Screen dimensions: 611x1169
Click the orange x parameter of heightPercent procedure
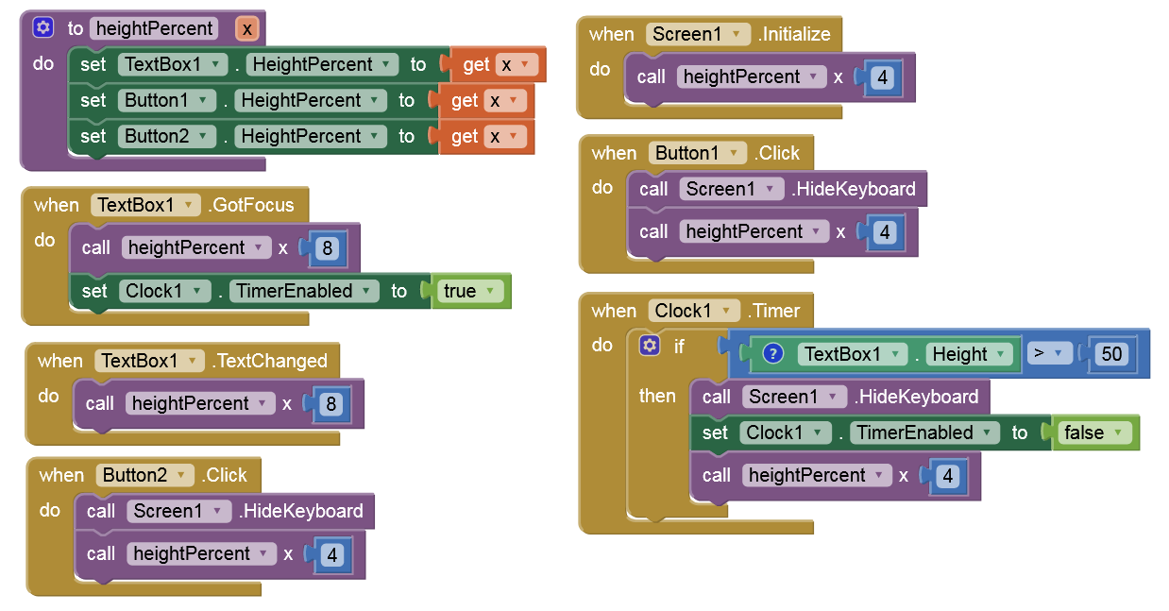(x=246, y=29)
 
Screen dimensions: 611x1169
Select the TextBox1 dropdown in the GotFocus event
(x=146, y=205)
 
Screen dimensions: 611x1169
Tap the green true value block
(x=468, y=291)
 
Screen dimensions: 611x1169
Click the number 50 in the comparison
(x=1112, y=354)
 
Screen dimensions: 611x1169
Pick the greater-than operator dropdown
(x=1046, y=354)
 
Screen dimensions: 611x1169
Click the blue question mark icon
(x=772, y=354)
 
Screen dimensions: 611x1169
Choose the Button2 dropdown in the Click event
(x=144, y=475)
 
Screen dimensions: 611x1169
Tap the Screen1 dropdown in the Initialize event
(x=699, y=34)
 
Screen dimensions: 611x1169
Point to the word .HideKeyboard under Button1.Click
(x=854, y=189)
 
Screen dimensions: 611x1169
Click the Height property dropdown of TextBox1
(x=967, y=354)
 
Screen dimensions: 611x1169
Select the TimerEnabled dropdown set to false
(x=923, y=433)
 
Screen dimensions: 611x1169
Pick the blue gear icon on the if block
(x=649, y=346)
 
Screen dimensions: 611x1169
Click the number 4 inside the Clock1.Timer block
(x=948, y=475)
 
